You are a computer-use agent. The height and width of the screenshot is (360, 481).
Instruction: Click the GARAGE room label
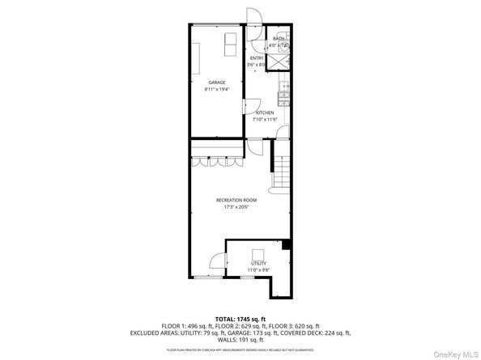216,83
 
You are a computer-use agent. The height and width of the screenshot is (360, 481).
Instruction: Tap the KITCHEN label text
265,113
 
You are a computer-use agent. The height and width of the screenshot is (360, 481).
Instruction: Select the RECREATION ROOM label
236,200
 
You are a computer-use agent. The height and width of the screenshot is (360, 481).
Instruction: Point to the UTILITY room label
258,263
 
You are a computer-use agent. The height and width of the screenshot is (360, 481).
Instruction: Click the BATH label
278,39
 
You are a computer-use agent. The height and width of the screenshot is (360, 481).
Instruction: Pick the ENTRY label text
257,58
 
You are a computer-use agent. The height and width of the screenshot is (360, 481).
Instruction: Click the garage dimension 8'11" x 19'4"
216,89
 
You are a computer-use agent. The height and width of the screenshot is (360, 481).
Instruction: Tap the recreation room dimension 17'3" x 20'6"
236,207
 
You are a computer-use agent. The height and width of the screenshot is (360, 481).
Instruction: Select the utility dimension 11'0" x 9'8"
258,269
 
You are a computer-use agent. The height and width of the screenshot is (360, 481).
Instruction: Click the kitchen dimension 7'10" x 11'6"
265,120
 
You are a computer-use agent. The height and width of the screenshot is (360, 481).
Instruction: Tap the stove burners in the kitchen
283,98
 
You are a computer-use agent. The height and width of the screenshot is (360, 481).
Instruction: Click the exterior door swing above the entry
252,16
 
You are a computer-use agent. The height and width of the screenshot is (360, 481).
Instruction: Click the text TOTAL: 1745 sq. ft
240,319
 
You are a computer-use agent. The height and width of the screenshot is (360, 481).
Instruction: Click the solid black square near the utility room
285,244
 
